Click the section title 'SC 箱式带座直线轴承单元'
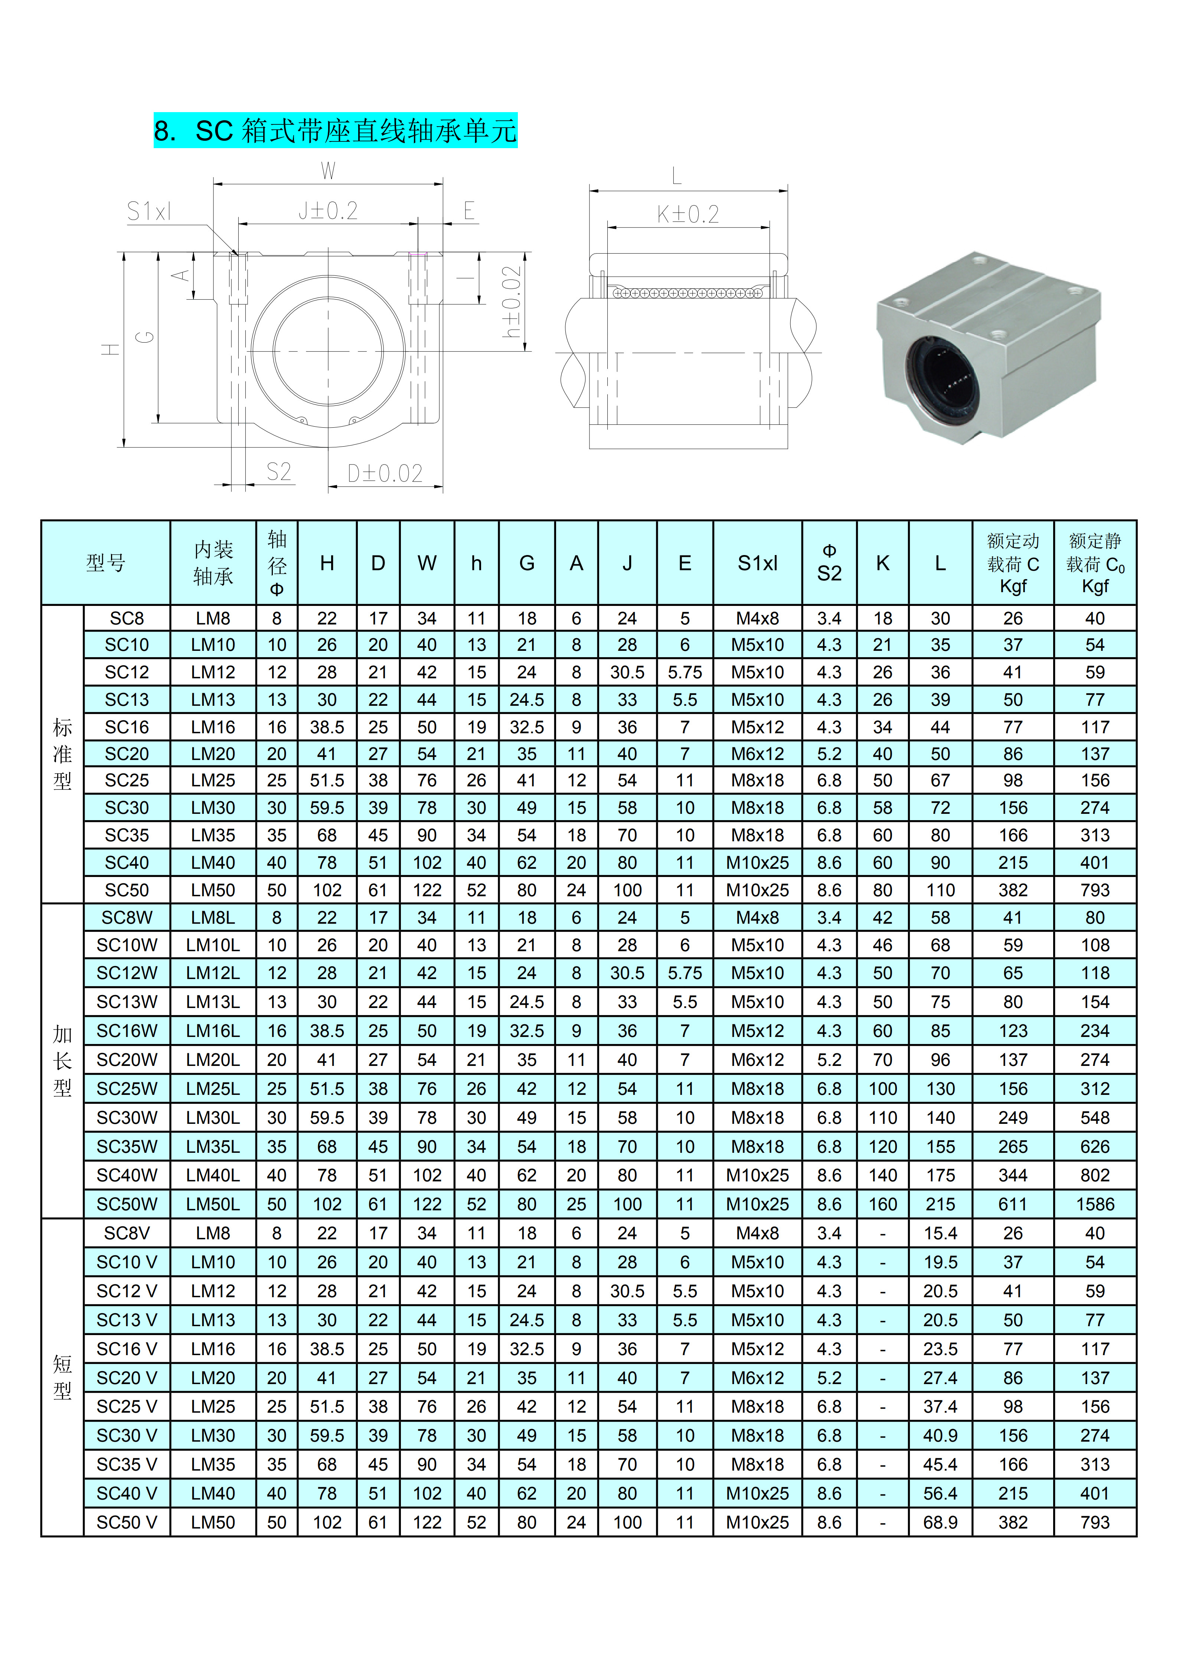click(356, 131)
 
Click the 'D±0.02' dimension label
click(385, 473)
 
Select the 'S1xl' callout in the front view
click(149, 211)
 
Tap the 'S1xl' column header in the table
click(757, 564)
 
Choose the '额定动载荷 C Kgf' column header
click(1013, 564)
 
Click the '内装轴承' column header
click(213, 564)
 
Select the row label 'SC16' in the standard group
click(127, 727)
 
